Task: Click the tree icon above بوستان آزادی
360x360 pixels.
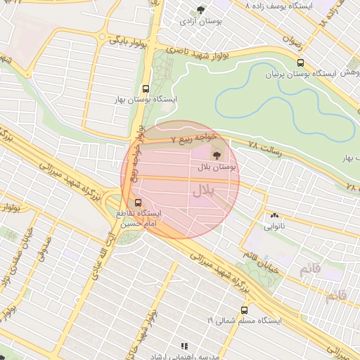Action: click(x=201, y=10)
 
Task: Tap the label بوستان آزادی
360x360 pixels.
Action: click(x=202, y=22)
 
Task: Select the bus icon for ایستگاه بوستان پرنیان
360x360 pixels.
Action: click(x=301, y=62)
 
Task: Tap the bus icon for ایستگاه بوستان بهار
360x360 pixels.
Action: click(x=146, y=89)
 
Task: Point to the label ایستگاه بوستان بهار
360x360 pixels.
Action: click(x=147, y=101)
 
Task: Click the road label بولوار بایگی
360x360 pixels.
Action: click(x=127, y=41)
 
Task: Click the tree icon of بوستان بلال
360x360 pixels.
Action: click(x=215, y=154)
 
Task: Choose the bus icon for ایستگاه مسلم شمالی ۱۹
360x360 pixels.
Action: click(x=244, y=309)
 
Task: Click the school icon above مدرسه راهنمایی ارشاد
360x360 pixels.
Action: click(x=185, y=346)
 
